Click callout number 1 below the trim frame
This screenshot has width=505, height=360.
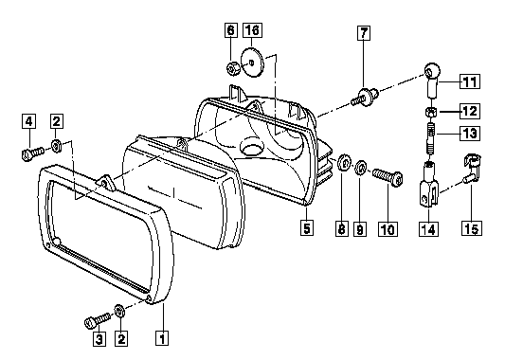pos(162,338)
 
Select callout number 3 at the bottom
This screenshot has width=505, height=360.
pos(99,339)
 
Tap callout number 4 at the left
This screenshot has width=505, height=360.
pos(29,121)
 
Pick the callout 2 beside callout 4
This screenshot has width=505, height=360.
pos(56,121)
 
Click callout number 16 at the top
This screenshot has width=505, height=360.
pos(252,30)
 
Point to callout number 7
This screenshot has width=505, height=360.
pos(364,33)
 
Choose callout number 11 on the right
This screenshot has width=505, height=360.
pos(470,81)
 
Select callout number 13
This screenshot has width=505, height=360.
pos(470,133)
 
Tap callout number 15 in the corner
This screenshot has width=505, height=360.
pos(472,228)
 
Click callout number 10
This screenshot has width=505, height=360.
pos(388,229)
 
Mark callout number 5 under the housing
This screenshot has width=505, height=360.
pos(307,227)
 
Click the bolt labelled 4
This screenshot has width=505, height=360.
pos(33,153)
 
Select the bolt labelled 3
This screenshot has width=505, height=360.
pos(98,320)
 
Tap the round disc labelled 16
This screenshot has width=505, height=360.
pos(252,63)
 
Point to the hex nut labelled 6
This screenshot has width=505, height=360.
pos(232,68)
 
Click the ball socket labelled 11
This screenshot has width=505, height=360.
pos(431,80)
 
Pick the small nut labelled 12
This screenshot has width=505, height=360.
pos(431,113)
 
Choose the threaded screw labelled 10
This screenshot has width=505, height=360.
pos(388,178)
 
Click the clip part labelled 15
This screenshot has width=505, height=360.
pos(471,168)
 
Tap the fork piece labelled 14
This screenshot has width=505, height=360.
pos(429,184)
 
